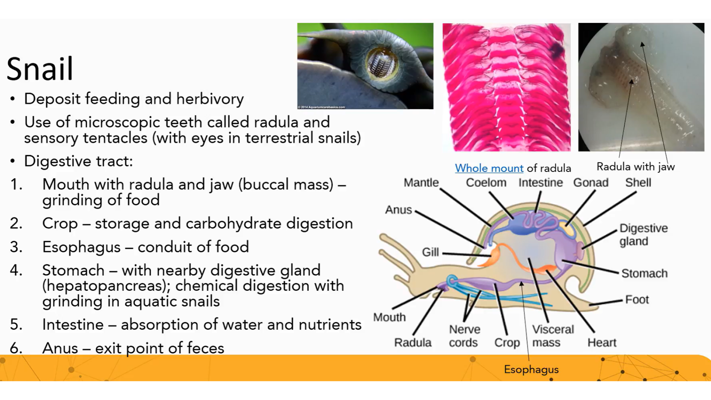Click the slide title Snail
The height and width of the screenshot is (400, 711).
40,69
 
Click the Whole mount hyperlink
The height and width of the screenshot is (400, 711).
489,168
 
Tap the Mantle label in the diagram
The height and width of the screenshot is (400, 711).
421,183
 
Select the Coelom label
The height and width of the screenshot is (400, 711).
486,183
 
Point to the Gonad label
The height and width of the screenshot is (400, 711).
591,183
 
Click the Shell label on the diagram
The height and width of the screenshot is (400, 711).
638,183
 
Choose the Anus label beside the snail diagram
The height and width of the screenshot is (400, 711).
398,210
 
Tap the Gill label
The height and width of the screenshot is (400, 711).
430,252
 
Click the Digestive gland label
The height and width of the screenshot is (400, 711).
644,234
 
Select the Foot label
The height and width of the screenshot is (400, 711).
637,299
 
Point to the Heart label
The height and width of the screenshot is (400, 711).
602,343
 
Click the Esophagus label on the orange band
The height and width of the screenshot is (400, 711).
531,369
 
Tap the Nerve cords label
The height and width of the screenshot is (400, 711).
464,336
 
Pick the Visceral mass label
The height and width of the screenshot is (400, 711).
553,336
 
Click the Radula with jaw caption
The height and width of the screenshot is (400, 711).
635,167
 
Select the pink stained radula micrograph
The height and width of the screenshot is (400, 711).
506,87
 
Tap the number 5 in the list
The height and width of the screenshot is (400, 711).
16,324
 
